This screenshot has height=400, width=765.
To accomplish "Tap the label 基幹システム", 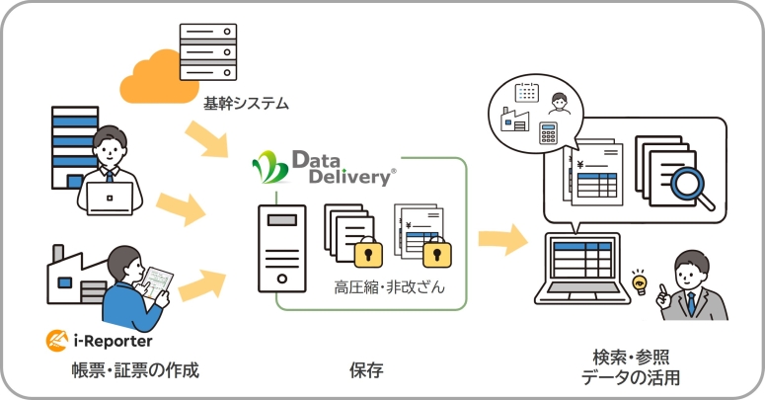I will tap(246, 102).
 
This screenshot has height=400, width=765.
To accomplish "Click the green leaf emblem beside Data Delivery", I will tap(269, 168).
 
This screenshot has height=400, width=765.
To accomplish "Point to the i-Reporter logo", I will tap(99, 341).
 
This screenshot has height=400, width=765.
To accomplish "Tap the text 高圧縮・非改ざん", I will tap(389, 287).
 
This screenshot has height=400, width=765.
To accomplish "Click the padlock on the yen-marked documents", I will tap(435, 254).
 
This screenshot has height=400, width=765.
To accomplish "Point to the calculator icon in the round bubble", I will tap(549, 133).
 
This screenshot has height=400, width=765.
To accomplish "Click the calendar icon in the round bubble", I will tap(526, 92).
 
